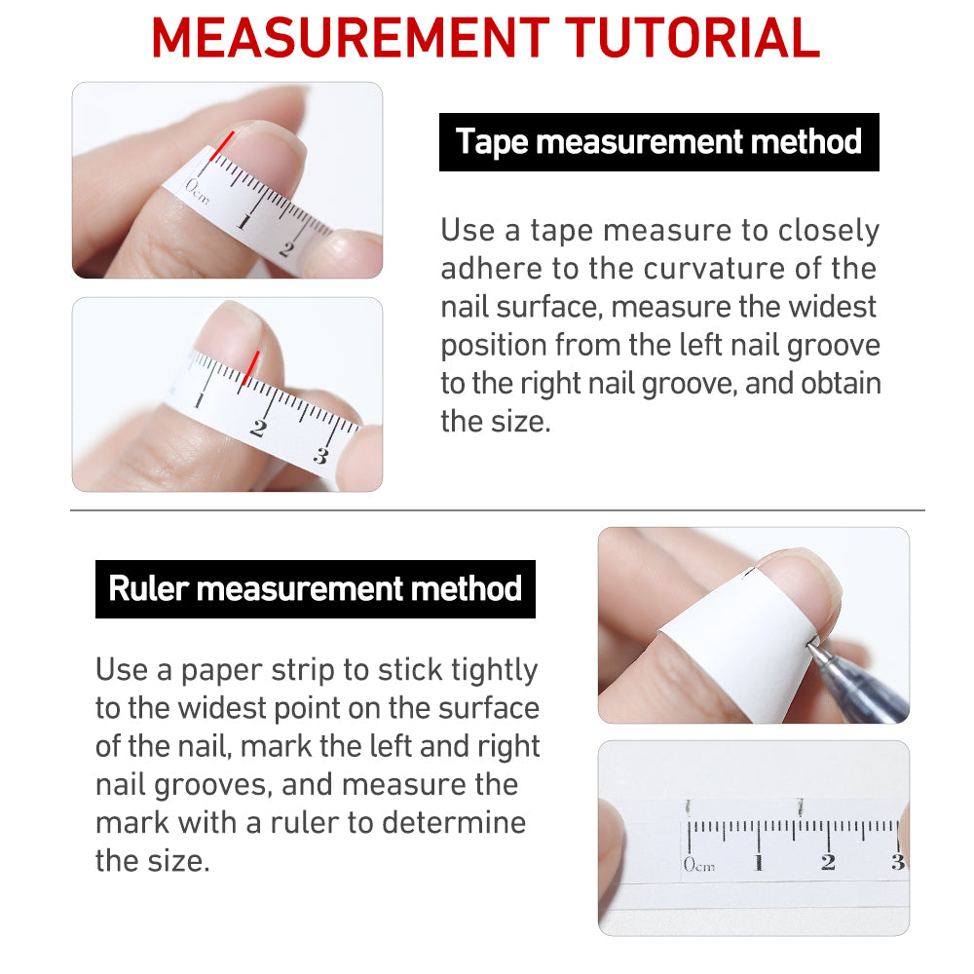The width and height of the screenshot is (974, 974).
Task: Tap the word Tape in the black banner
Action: tap(491, 142)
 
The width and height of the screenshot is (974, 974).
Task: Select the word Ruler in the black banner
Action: tap(148, 587)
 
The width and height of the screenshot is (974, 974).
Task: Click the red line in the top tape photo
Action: tap(222, 146)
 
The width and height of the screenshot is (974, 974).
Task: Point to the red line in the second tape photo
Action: tap(251, 368)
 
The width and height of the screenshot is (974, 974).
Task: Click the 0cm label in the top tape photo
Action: tap(197, 191)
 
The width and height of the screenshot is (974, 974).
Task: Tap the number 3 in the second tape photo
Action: tap(320, 456)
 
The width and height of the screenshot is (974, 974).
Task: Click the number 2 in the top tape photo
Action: tap(286, 249)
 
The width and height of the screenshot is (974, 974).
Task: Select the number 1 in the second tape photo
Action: tap(199, 399)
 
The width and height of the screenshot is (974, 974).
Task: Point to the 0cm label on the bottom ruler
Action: tap(698, 864)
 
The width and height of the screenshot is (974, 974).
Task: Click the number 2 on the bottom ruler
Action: tap(828, 862)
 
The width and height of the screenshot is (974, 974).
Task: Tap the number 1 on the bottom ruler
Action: tap(759, 863)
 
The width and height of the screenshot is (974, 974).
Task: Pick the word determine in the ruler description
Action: tap(454, 822)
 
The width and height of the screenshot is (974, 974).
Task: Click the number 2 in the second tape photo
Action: tap(258, 428)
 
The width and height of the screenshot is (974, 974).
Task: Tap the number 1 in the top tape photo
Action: tap(244, 222)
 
